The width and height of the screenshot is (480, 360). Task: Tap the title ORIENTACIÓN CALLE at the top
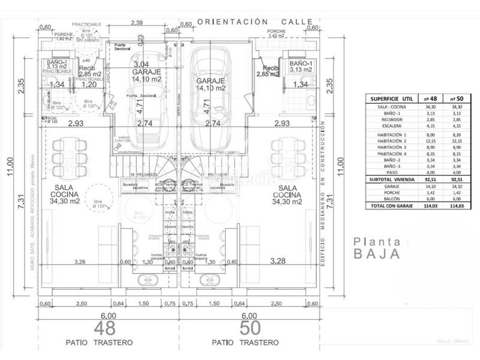pyautogui.click(x=256, y=22)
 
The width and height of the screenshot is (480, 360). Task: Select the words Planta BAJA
pyautogui.click(x=376, y=247)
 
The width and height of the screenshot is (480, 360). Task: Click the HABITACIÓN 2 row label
pyautogui.click(x=388, y=140)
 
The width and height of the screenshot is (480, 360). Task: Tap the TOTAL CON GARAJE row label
pyautogui.click(x=389, y=206)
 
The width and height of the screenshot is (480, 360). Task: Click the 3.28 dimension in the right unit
pyautogui.click(x=278, y=261)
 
